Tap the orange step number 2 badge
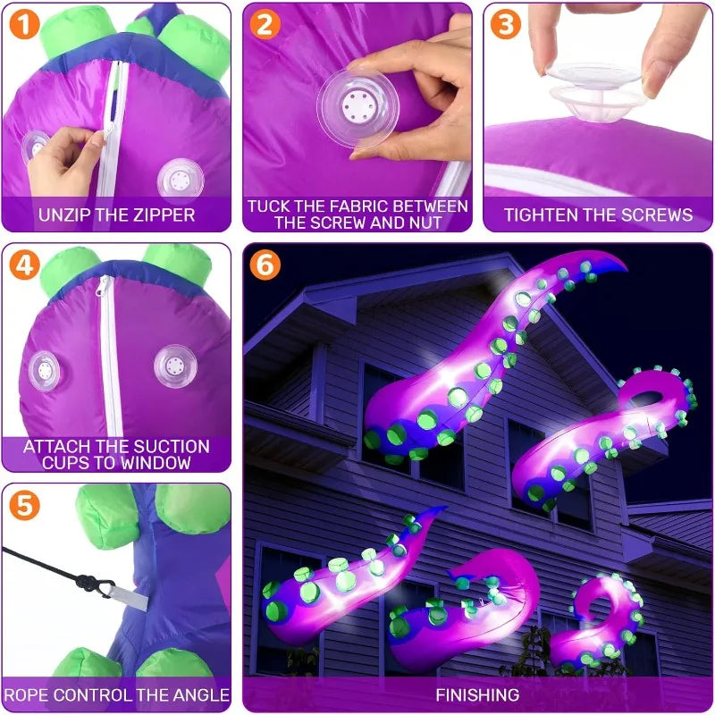pos(264,25)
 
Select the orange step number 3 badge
pos(505,25)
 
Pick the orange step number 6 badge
pos(265,266)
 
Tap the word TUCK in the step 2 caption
pos(268,206)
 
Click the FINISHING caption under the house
pos(476,694)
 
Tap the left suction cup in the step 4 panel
pos(42,368)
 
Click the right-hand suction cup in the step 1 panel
pos(180,179)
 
